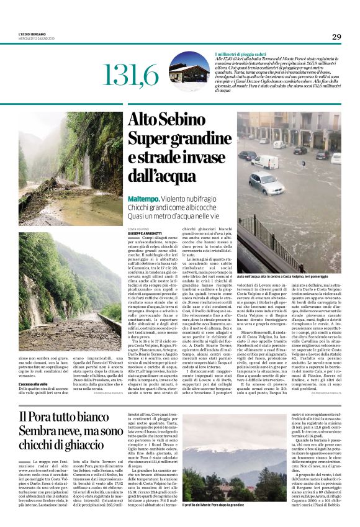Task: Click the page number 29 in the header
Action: click(336, 37)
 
